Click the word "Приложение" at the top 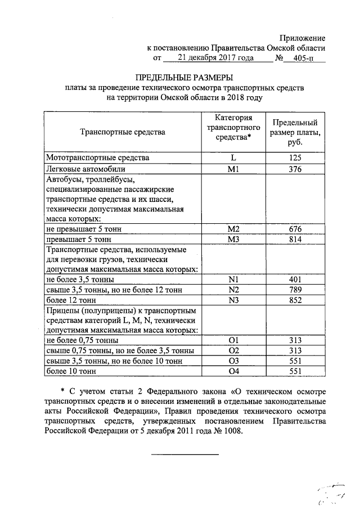(302, 38)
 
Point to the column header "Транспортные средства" (123, 132)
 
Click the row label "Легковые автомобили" (86, 168)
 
